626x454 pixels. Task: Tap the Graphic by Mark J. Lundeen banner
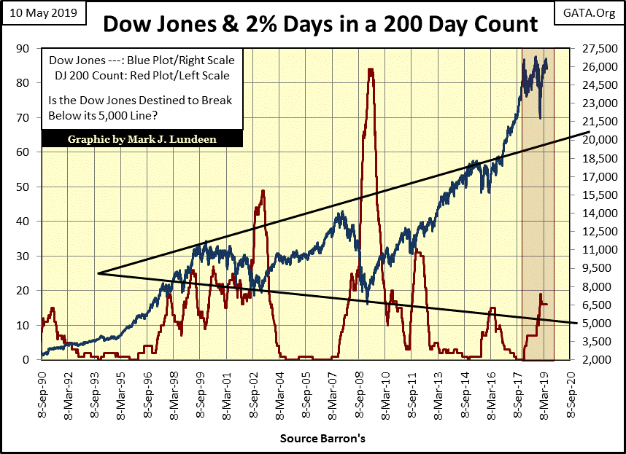point(141,139)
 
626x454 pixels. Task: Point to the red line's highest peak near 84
point(371,69)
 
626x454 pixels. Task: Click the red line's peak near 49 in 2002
point(263,191)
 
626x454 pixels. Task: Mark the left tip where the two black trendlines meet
point(96,273)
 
